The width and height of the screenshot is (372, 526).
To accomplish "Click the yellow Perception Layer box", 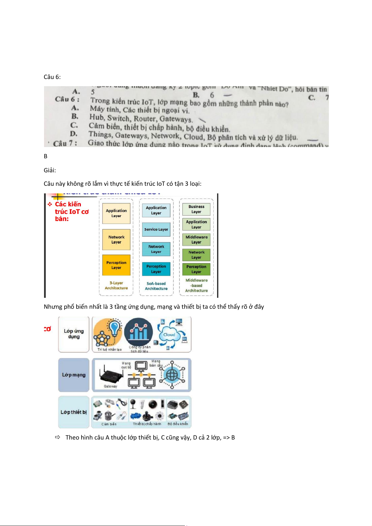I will pos(116,265).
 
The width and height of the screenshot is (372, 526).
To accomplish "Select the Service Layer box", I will pos(156,229).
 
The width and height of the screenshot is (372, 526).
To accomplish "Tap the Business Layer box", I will pos(196,209).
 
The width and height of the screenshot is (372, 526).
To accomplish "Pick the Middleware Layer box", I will pos(196,239).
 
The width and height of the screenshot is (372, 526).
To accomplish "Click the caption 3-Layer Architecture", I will pos(116,286).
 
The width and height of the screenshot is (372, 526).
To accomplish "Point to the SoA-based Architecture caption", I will pos(156,286).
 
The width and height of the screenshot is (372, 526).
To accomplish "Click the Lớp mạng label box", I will pos(74,375).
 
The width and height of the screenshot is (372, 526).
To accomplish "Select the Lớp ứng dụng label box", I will pos(74,334).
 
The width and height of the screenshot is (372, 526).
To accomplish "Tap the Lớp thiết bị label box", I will pos(74,412).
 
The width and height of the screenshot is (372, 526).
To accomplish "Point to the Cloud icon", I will pos(169,335).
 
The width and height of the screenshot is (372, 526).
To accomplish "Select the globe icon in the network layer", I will pos(172,375).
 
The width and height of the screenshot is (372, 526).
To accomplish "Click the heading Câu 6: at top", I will pos(52,77).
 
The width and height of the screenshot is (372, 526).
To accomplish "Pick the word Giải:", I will pos(50,170).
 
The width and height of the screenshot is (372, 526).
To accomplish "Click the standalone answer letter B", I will pos(46,156).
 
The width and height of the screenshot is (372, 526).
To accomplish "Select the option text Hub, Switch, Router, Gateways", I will pos(141,118).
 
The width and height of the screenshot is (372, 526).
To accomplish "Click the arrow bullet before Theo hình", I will pos(57,437).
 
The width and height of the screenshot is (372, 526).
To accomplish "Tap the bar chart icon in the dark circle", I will pos(138,332).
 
